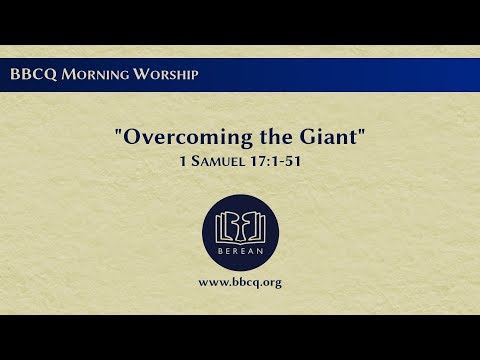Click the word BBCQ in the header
tap(28, 75)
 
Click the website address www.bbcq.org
tap(240, 283)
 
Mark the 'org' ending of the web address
tap(270, 284)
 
